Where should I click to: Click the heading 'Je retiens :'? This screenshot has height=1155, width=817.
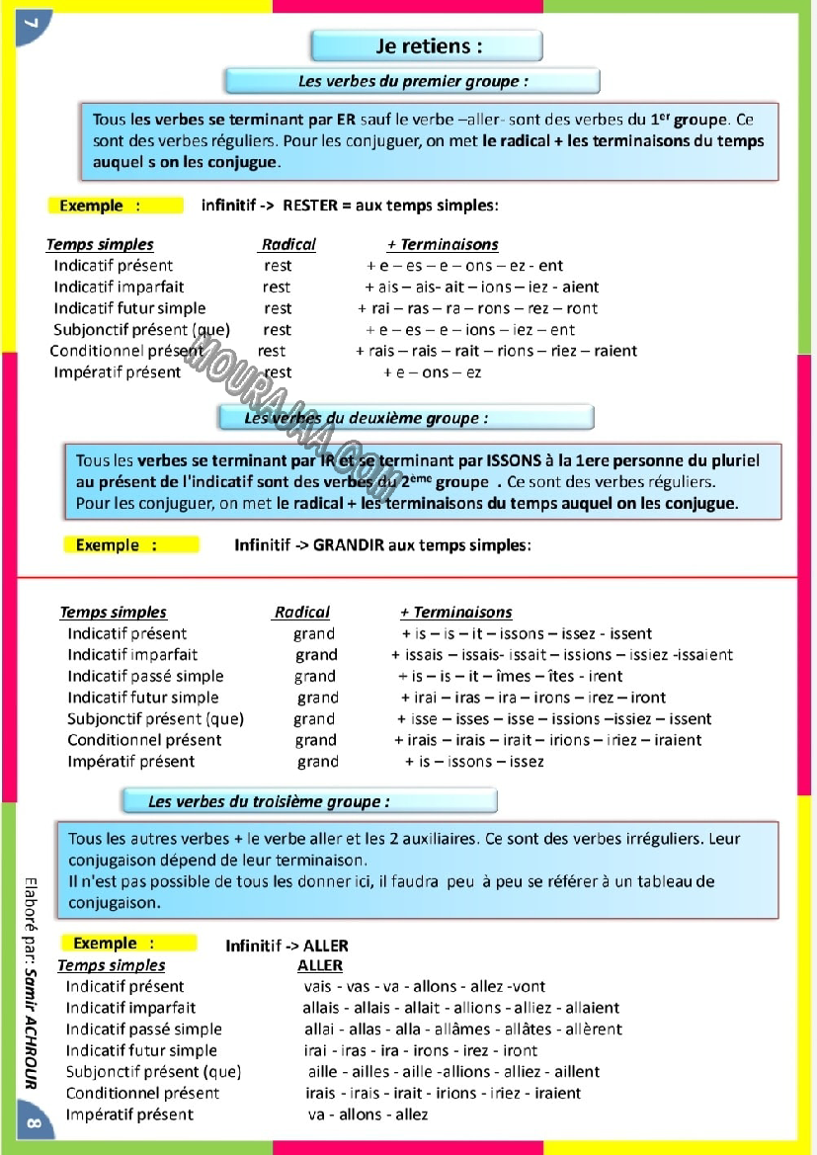coord(428,45)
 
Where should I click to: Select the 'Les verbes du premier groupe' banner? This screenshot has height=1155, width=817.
coord(413,81)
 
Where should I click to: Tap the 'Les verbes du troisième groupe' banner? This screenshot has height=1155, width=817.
coord(308,801)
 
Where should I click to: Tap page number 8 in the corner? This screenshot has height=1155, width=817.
coord(32,1124)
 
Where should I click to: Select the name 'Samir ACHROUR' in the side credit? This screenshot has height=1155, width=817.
coord(32,1028)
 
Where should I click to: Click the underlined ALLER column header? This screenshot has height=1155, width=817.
coord(320,965)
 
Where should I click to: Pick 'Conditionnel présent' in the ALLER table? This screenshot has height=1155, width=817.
coord(142,1093)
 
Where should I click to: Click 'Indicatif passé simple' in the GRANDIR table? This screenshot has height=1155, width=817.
coord(145,676)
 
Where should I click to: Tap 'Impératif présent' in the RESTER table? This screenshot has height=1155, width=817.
coord(118,372)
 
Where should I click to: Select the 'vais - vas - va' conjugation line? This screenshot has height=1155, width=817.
coord(424,986)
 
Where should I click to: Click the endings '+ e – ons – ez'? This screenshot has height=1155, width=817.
coord(432,372)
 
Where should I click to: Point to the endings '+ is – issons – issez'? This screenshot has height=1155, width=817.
coord(474,762)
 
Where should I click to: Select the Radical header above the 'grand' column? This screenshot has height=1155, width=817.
coord(302,613)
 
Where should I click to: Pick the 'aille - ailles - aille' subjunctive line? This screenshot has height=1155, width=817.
coord(453,1071)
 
